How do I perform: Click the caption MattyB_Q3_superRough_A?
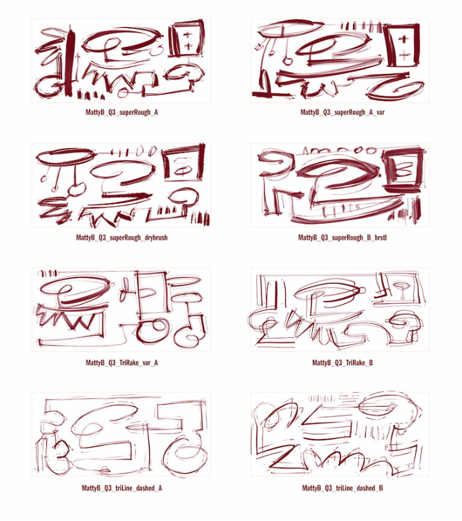(121, 112)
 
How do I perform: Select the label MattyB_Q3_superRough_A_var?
(343, 112)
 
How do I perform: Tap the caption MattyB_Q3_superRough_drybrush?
(121, 237)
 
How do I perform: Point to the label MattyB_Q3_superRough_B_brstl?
(343, 237)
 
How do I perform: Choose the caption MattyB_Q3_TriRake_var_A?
(121, 362)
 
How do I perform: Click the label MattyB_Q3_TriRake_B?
(343, 362)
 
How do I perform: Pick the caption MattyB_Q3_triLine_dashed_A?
(121, 488)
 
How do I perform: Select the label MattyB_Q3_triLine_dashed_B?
(343, 488)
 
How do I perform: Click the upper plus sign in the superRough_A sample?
(187, 34)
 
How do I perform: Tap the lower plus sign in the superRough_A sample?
(187, 46)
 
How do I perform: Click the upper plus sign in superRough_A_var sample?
(404, 39)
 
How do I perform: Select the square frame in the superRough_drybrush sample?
(183, 163)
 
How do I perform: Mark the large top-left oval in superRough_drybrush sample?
(65, 157)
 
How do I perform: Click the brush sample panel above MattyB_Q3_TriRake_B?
(340, 309)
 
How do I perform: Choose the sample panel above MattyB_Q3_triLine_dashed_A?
(121, 434)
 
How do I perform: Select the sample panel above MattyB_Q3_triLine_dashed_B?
(340, 434)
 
